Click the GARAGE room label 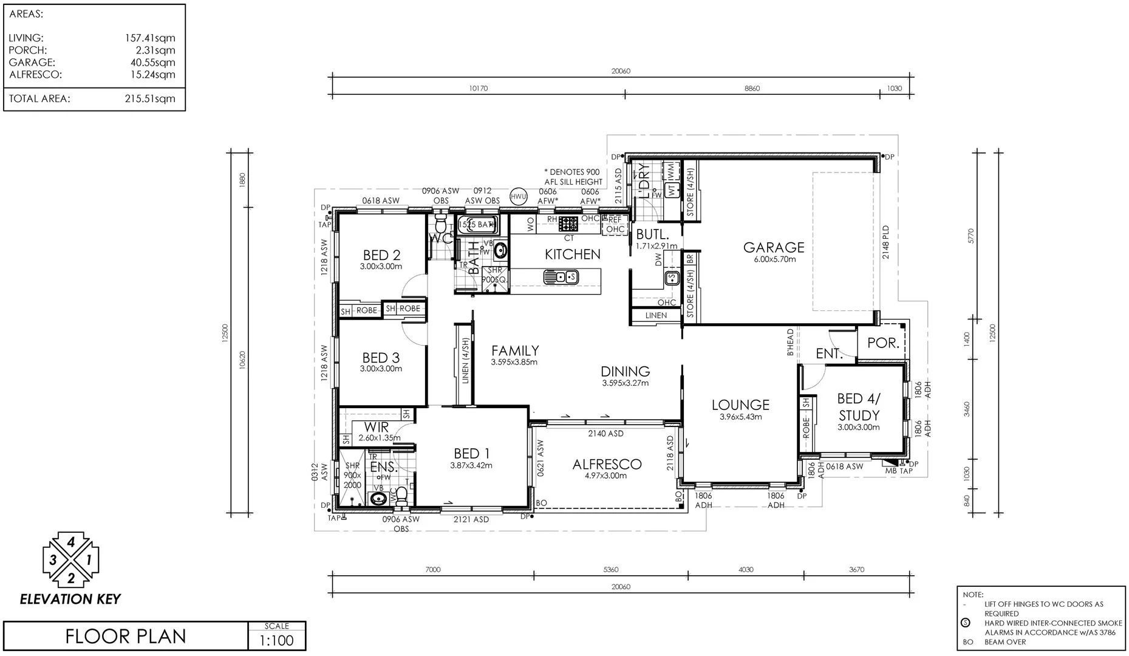pos(773,247)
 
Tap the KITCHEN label pos(572,255)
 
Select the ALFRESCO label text pos(607,465)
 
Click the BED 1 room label pos(471,454)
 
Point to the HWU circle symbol pos(518,196)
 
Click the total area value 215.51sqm pos(150,99)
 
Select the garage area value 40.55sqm pos(150,63)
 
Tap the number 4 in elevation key pos(71,542)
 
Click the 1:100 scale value pos(276,640)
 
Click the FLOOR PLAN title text pos(126,636)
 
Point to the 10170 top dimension pos(478,89)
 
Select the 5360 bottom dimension pos(610,570)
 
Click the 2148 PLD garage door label pos(885,242)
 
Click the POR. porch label pos(882,343)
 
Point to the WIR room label pos(376,428)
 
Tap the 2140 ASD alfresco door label pos(605,434)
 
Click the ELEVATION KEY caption pos(70,600)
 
